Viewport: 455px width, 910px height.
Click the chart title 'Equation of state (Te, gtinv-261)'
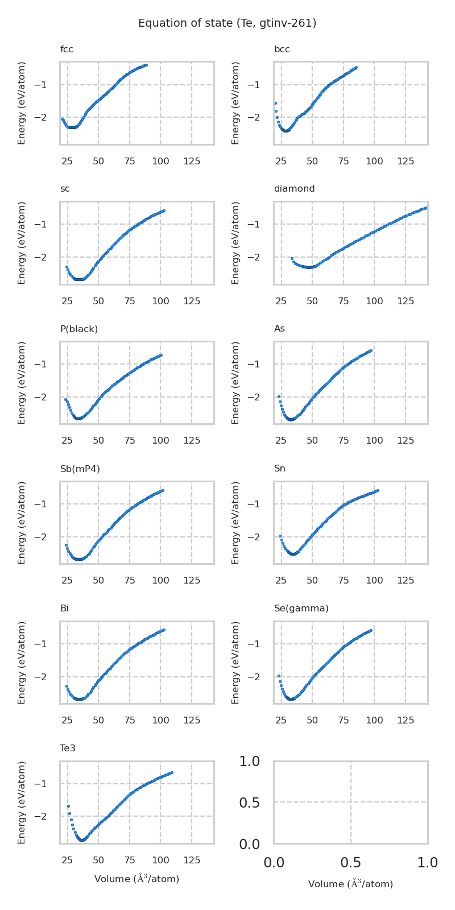coord(227,23)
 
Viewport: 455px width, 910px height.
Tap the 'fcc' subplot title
coord(67,49)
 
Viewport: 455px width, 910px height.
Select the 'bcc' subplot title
coord(282,49)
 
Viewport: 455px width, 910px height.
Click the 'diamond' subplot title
coord(294,189)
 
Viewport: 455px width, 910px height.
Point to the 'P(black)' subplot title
coord(79,329)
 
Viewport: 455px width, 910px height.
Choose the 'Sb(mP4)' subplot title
coord(80,469)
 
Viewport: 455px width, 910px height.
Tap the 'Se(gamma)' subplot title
coord(301,609)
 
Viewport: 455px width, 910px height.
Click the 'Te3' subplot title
coord(68,748)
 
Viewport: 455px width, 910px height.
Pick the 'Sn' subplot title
coord(280,469)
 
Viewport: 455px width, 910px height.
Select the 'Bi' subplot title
coord(64,609)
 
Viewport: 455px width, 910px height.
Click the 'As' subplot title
coord(279,329)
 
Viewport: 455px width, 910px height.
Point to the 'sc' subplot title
coord(65,189)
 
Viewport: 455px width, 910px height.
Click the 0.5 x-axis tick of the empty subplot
coord(350,863)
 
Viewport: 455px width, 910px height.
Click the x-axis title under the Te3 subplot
coord(136,879)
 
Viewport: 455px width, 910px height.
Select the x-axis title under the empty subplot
coord(350,884)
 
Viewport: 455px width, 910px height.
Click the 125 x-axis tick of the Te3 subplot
coord(192,861)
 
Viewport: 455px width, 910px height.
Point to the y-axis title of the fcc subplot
coord(22,103)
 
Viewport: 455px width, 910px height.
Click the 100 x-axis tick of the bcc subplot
coord(374,161)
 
